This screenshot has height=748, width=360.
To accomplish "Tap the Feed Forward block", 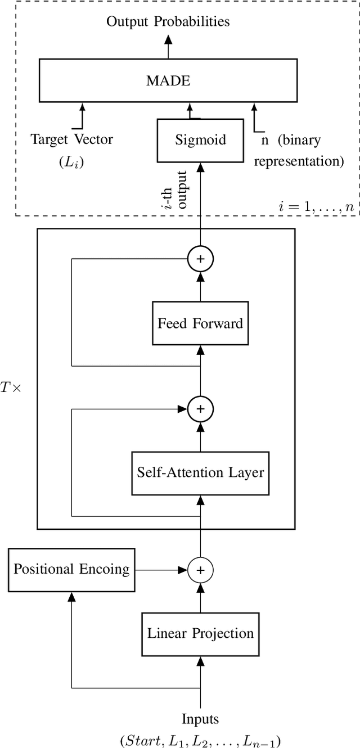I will click(200, 323).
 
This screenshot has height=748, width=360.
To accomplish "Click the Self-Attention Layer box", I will click(200, 472).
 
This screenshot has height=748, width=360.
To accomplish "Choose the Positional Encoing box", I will click(71, 569).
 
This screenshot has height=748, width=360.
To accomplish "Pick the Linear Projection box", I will click(200, 633).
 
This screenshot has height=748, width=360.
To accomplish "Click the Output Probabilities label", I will click(168, 22).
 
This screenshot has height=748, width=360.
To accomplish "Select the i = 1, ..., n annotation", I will click(317, 206).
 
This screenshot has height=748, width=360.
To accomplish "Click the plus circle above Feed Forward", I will click(200, 260).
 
